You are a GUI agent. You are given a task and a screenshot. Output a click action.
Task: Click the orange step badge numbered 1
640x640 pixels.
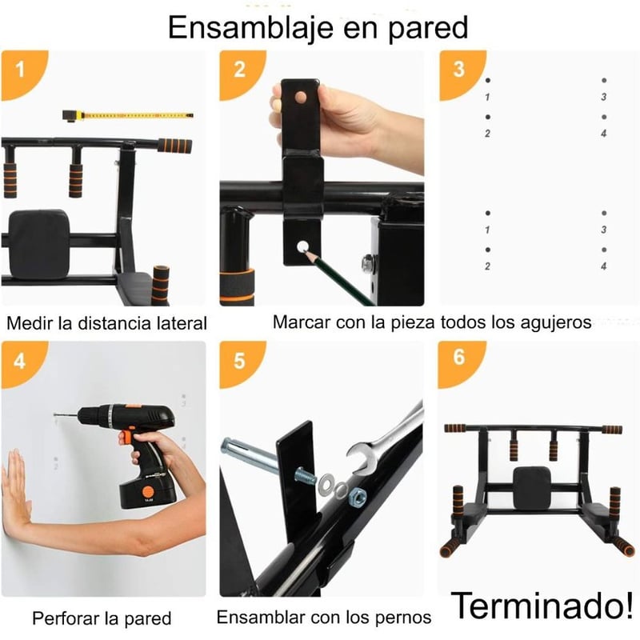click(x=21, y=71)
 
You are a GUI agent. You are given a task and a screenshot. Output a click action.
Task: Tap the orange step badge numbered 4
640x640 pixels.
click(x=21, y=362)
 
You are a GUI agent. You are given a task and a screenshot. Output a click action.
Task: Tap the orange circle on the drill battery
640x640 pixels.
click(x=147, y=491)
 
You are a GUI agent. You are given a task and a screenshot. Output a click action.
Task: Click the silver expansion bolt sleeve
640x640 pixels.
click(x=243, y=453)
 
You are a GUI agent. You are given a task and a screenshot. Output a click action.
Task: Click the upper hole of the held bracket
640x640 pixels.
click(x=301, y=97)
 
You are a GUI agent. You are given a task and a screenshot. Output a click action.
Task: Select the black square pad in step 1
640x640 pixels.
click(x=39, y=244)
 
